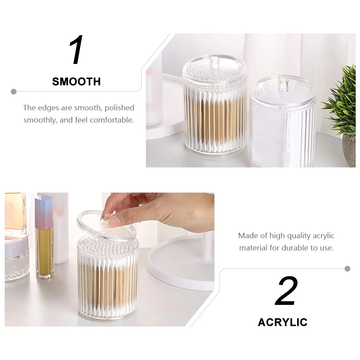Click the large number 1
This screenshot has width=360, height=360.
coord(77,50)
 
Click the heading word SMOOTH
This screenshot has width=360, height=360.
coord(77,82)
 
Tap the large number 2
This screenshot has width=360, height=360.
coord(286,291)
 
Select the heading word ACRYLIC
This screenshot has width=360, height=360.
coord(283,322)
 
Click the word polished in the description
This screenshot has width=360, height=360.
coord(119,108)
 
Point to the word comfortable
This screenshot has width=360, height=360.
coord(112,120)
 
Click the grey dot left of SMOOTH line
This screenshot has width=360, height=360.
coord(14,92)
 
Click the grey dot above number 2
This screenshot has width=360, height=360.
coord(347,269)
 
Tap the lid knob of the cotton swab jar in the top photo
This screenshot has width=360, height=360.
coord(215,64)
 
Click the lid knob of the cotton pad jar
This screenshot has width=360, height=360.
coord(283,85)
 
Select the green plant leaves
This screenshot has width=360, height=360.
coord(341,101)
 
